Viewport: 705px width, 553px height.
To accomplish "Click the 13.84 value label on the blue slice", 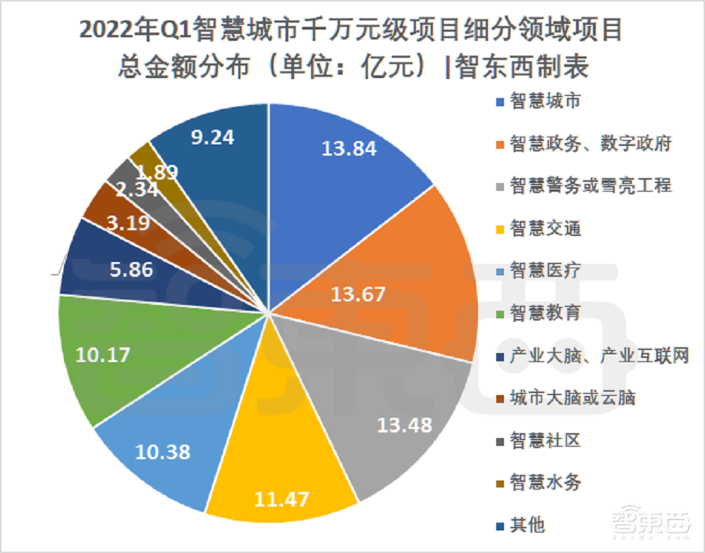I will coord(349,149).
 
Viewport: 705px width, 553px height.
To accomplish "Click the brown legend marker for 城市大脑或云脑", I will coord(500,398).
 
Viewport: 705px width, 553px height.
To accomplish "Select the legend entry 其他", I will coord(528,525).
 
